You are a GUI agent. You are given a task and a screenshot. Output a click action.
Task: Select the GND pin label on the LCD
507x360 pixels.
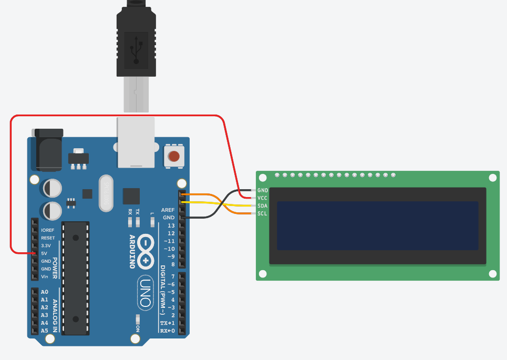pos(263,190)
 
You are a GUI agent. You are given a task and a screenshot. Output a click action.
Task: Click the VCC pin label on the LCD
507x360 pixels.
pos(263,198)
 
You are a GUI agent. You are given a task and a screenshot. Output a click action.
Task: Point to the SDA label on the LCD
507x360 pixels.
pos(263,205)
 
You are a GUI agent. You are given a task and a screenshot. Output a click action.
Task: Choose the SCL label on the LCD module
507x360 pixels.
pos(263,213)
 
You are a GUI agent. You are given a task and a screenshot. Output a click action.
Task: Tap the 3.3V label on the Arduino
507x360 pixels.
pos(46,245)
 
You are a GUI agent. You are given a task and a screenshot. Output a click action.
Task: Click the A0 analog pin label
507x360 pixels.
pos(45,292)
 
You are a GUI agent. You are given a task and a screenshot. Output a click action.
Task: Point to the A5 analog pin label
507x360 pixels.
pos(45,331)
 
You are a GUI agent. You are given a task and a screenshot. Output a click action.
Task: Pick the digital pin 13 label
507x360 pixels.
pos(171,225)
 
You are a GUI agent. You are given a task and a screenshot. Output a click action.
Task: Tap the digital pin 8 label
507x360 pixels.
pos(173,264)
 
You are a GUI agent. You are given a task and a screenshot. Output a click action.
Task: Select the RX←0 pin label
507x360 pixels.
pos(168,331)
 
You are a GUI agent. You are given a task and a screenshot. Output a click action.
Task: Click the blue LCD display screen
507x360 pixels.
pos(377,225)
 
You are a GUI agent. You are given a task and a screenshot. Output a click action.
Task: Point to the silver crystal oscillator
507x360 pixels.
pos(107,193)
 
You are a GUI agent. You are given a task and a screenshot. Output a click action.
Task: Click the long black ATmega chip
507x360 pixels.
pos(76,279)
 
